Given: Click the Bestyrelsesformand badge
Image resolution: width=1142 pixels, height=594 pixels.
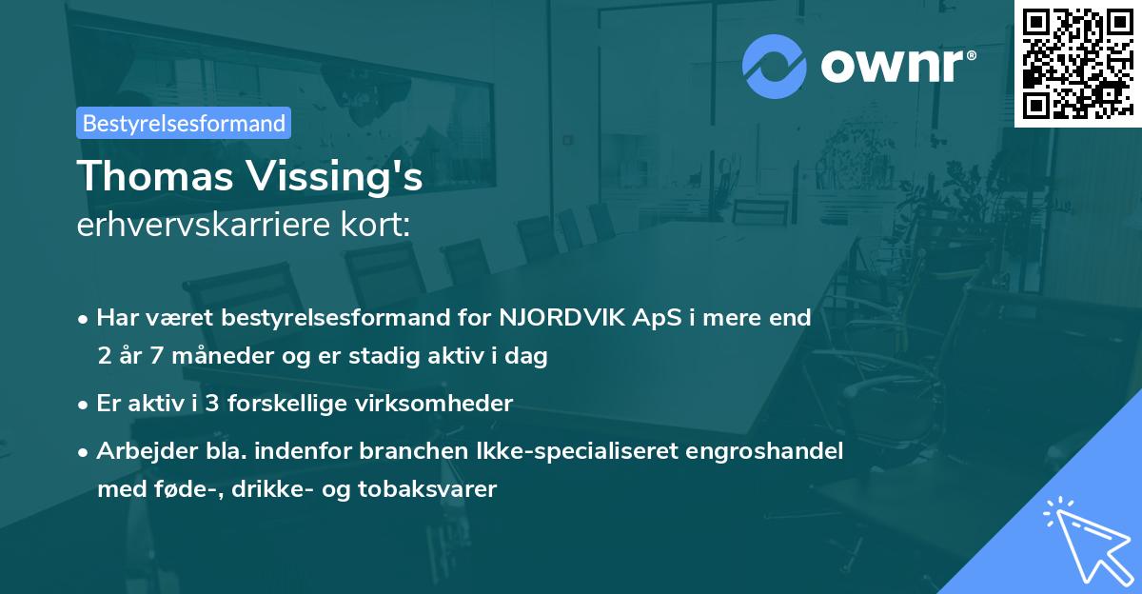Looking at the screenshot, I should point(184,123).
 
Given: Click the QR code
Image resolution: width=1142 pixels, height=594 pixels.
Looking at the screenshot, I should point(1077,63).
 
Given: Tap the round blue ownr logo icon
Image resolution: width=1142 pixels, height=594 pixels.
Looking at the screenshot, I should point(775,67).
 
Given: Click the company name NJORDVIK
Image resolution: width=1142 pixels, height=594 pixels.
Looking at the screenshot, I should point(565,318).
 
